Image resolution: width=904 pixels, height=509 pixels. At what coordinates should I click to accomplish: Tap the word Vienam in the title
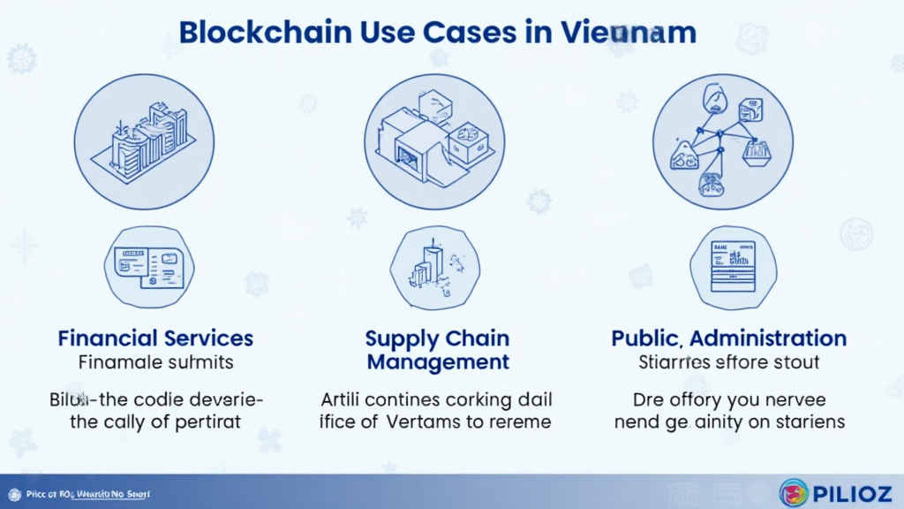[628, 32]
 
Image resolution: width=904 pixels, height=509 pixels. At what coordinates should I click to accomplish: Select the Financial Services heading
[155, 338]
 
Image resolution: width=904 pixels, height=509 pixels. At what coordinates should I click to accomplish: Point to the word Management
[438, 361]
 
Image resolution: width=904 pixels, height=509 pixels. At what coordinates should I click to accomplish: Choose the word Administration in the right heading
[768, 338]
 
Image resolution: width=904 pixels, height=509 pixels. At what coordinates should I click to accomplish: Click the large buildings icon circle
[144, 141]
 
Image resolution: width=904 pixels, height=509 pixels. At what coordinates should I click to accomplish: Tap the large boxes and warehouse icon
[434, 141]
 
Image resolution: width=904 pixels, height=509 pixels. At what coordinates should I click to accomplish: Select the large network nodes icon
[722, 141]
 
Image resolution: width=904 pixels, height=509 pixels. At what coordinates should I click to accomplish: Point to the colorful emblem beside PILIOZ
[794, 492]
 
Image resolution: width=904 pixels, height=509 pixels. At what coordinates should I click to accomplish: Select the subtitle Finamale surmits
[155, 361]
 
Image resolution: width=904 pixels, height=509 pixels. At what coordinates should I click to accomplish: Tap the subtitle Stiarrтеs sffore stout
[728, 361]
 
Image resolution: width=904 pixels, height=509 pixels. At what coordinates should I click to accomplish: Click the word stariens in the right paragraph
[805, 422]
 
